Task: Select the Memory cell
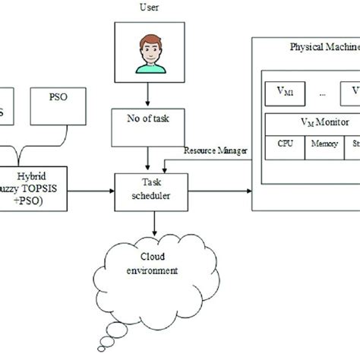(318, 143)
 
